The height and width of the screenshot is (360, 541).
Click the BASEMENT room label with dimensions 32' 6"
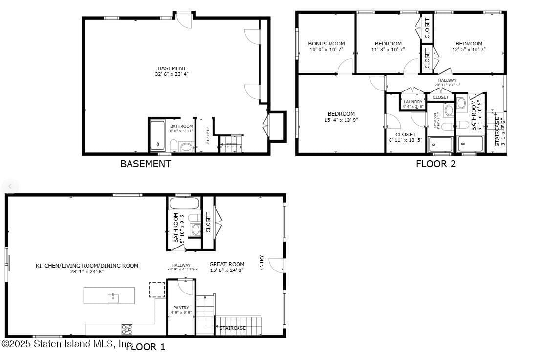click(172, 71)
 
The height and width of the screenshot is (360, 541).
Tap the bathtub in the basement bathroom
click(158, 135)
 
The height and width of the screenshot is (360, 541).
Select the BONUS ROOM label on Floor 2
click(326, 46)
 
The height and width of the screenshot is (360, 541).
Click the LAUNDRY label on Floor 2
click(413, 104)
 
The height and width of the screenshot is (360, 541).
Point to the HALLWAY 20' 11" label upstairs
click(447, 82)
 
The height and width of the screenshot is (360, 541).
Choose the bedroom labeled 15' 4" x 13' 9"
click(341, 117)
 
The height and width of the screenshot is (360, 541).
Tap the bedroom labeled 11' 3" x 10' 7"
click(388, 46)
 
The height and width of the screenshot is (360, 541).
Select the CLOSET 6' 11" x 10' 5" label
click(406, 137)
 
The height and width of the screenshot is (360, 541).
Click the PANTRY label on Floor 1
click(181, 310)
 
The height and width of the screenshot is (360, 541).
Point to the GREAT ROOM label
click(227, 267)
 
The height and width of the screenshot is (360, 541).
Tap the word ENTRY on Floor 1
click(262, 263)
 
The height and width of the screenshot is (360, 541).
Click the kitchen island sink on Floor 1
click(113, 297)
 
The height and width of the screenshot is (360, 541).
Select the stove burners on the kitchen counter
click(127, 329)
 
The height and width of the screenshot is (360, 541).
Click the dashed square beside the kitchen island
click(157, 290)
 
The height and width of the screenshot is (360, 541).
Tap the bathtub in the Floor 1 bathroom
click(184, 203)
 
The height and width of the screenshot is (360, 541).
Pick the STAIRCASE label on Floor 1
click(233, 328)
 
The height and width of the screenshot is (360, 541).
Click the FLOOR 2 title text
click(435, 164)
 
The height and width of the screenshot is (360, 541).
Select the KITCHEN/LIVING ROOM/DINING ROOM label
click(87, 268)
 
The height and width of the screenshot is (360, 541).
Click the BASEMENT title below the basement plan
click(146, 164)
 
